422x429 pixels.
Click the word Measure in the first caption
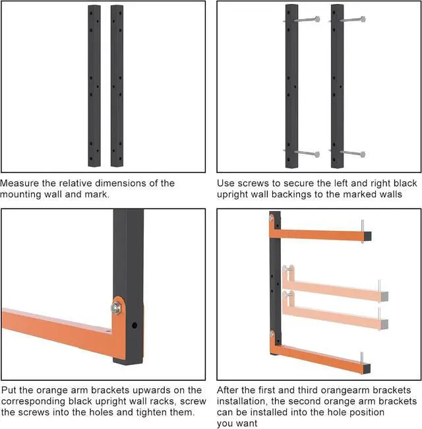coord(20,183)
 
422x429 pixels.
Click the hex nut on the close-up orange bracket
coord(117,308)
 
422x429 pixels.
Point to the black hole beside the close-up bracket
coord(135,325)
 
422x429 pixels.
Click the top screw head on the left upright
coord(317,19)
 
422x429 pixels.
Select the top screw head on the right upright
coord(363,19)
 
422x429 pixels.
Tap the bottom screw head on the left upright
coord(317,154)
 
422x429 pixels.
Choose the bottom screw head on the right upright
coord(363,154)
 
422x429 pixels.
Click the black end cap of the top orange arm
coord(367,236)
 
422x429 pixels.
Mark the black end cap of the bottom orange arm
coord(367,368)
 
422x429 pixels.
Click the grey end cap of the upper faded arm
coord(384,296)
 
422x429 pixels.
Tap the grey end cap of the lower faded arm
coord(384,324)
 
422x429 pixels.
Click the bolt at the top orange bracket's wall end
coord(272,218)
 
